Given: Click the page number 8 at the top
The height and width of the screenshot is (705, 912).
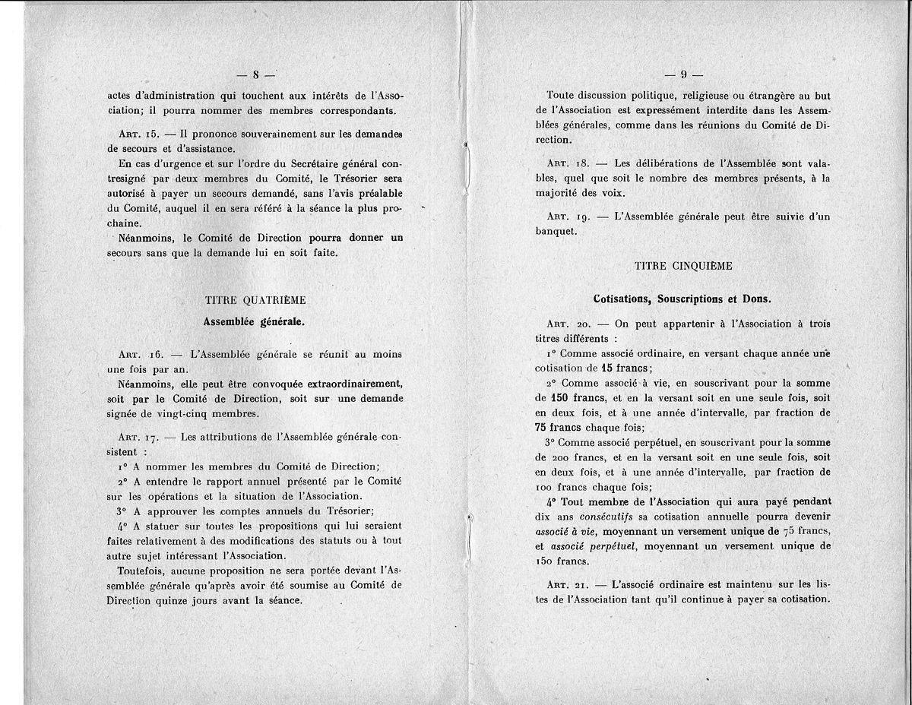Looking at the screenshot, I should pyautogui.click(x=256, y=74).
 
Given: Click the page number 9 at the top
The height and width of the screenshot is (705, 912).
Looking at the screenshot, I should pyautogui.click(x=684, y=74).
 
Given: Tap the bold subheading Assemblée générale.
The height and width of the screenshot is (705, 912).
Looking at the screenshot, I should pyautogui.click(x=254, y=321).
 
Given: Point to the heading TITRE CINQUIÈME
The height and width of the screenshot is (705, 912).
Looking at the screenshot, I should pyautogui.click(x=684, y=266).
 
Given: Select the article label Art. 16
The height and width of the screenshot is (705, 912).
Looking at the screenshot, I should pyautogui.click(x=136, y=353).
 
